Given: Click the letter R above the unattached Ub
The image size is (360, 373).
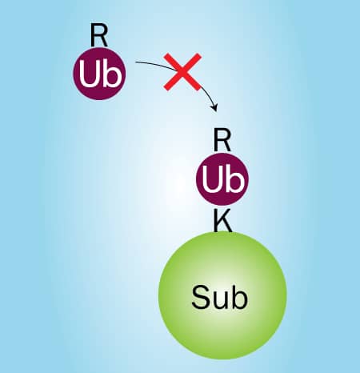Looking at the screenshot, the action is [98, 35].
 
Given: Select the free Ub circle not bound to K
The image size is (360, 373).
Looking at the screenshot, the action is [99, 74].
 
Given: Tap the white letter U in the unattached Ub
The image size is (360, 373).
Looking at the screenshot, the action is [89, 74].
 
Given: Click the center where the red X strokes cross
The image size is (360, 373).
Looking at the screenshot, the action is [182, 71].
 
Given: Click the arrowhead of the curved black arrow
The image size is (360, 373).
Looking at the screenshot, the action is [215, 107].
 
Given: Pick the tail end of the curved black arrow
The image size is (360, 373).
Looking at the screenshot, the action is [135, 62].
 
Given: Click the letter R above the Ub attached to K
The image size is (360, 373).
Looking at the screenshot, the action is [222, 140].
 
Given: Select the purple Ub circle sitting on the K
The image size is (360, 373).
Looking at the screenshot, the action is [222, 178].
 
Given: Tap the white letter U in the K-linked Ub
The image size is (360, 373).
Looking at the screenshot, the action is [212, 178].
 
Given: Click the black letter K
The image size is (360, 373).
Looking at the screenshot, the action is [222, 220].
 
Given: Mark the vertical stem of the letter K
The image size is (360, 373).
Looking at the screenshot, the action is [216, 220].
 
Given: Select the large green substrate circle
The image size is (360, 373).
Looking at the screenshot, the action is [222, 295].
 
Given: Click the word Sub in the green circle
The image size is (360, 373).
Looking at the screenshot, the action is [219, 297].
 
